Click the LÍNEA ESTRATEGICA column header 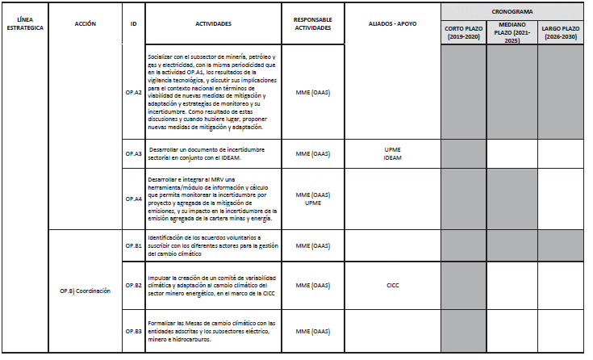click(x=25, y=23)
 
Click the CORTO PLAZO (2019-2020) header click(x=464, y=32)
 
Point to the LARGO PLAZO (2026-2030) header click(x=562, y=32)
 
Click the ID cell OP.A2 click(x=133, y=92)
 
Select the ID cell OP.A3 click(x=133, y=153)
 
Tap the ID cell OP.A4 click(x=133, y=199)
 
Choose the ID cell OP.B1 click(x=133, y=245)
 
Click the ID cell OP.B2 click(x=133, y=285)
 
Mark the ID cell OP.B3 click(x=133, y=331)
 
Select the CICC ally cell click(x=392, y=285)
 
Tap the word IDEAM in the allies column click(x=392, y=158)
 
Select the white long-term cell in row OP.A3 click(x=562, y=153)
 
